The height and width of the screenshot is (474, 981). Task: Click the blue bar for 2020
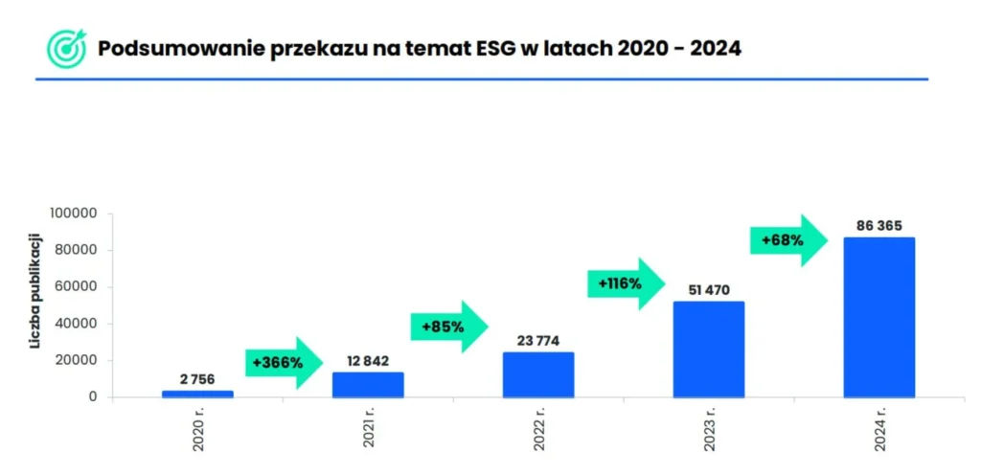point(197,394)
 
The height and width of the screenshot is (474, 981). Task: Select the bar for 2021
point(368,385)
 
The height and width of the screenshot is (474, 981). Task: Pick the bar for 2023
point(708,350)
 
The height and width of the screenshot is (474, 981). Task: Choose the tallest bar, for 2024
point(878,317)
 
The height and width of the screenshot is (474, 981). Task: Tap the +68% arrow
point(787,240)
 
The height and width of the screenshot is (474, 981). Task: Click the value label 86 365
point(878,226)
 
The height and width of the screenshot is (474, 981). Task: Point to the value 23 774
point(538,341)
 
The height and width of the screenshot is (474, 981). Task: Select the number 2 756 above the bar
point(197,379)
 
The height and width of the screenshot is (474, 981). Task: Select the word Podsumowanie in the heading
point(168,48)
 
